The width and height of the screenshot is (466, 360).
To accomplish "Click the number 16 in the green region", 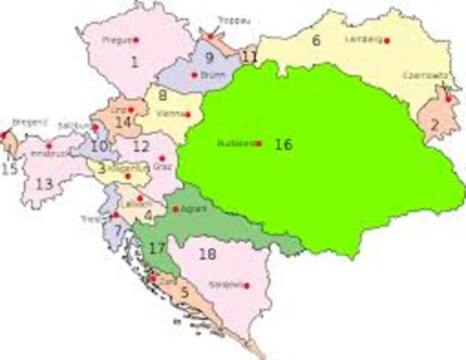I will point(283,145).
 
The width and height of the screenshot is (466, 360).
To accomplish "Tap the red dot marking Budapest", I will point(259,143).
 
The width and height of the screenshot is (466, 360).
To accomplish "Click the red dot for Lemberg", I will point(387,40).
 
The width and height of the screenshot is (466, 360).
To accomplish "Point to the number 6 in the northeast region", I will point(316,40).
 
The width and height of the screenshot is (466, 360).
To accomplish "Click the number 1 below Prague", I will point(135,62).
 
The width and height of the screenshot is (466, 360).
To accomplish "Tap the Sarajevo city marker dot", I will point(247,286).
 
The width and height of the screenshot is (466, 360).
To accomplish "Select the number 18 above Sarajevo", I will point(208,255).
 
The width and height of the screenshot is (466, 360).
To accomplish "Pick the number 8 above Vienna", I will point(162,95).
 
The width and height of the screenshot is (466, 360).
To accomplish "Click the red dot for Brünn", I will point(194,74).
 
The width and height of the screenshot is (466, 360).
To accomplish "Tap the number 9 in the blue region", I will point(209,57).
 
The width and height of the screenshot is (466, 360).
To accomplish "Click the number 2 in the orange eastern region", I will point(433,125).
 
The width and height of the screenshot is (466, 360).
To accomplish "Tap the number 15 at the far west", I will point(9,169).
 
